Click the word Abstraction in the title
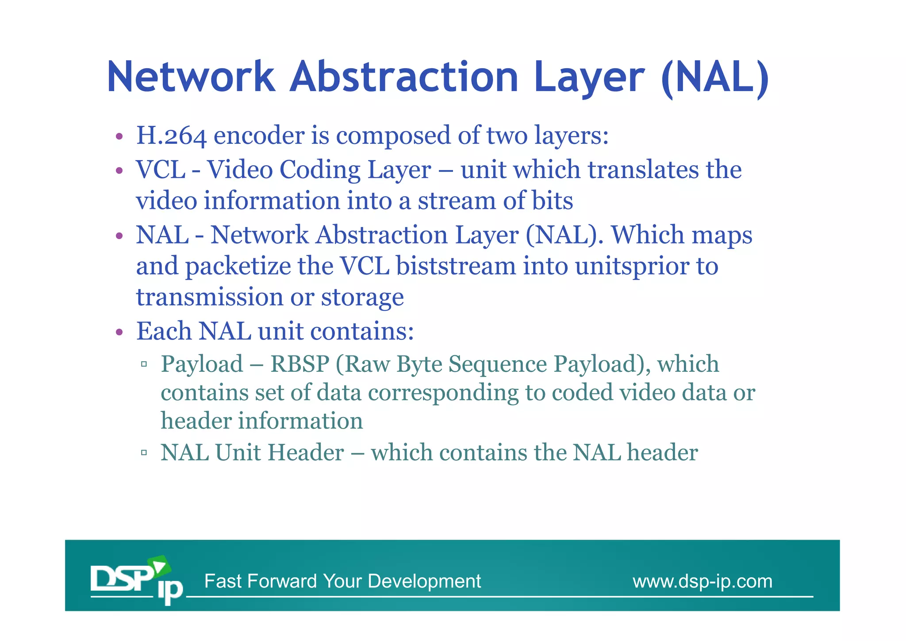403,77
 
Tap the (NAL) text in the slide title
715,78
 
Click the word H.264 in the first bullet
171,135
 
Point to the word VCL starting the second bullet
161,170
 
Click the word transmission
210,297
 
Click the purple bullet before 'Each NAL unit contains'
119,332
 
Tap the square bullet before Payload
143,365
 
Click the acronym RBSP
300,364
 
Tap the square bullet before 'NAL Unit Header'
143,453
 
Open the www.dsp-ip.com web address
702,581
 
